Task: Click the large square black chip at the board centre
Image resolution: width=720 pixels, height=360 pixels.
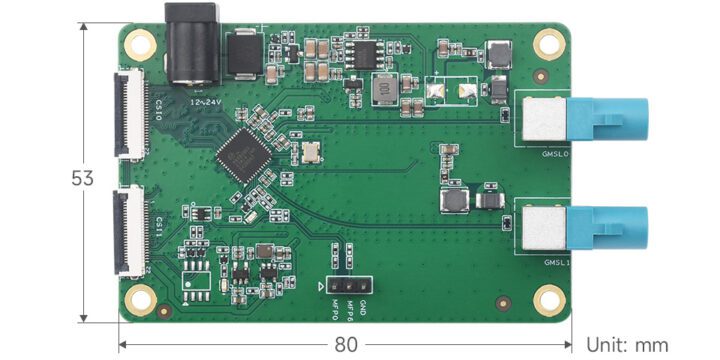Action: [243, 154]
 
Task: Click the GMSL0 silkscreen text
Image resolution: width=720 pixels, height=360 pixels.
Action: [555, 154]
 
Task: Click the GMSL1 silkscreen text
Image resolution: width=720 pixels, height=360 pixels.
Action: [556, 262]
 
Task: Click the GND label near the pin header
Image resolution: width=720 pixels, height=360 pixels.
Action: [363, 306]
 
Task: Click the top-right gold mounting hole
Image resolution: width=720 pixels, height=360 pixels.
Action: [548, 44]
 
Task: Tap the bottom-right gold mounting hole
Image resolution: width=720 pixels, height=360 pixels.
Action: [548, 298]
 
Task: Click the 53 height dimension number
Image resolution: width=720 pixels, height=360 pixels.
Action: [83, 179]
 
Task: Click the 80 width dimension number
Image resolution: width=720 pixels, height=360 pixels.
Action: [345, 345]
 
